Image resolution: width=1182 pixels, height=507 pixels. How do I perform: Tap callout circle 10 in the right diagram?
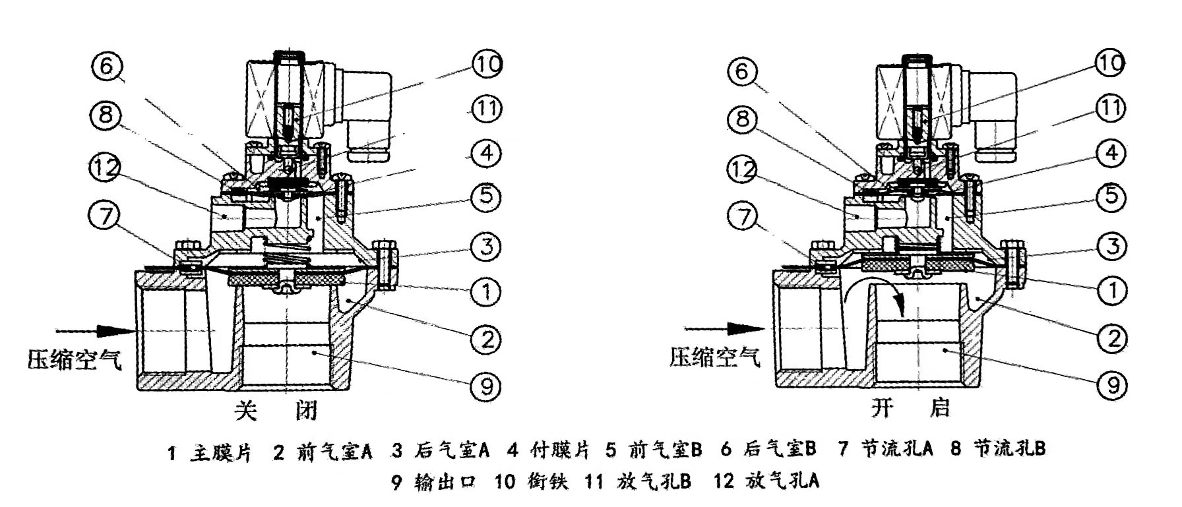1109,63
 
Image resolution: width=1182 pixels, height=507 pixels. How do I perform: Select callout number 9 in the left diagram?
486,385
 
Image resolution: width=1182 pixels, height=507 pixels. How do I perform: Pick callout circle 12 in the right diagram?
743,170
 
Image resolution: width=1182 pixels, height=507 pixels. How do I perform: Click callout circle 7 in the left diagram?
106,216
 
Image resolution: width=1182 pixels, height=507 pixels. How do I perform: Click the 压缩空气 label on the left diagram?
75,359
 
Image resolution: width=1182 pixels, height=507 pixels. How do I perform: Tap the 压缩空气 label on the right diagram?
715,357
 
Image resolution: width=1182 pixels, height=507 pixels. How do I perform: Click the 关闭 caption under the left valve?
276,411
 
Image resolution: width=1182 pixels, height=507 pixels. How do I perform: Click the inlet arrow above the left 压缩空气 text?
86,330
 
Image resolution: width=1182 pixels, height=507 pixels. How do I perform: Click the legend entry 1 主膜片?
210,452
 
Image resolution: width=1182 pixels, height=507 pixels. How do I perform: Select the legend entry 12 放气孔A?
766,482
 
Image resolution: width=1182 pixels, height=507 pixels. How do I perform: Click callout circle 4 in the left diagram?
486,154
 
